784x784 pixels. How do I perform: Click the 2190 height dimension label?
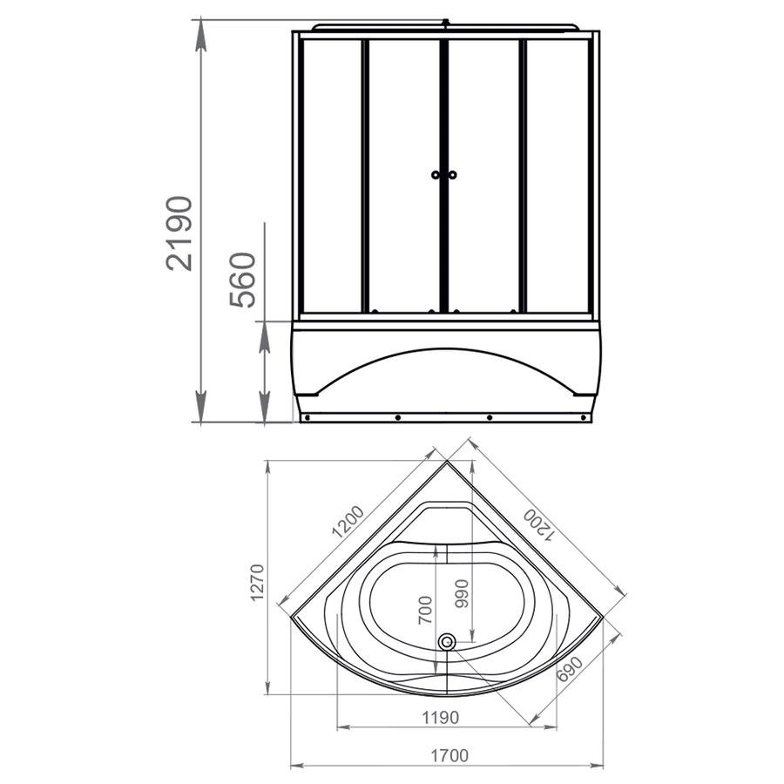179,233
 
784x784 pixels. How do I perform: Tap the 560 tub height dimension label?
242,280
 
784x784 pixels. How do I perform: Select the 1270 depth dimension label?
257,583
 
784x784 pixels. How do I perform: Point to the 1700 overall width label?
450,755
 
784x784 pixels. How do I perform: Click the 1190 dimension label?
441,718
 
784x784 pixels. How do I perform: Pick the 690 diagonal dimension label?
570,669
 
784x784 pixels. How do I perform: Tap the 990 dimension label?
462,593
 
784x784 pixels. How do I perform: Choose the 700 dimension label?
425,610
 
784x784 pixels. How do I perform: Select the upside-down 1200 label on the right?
539,526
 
